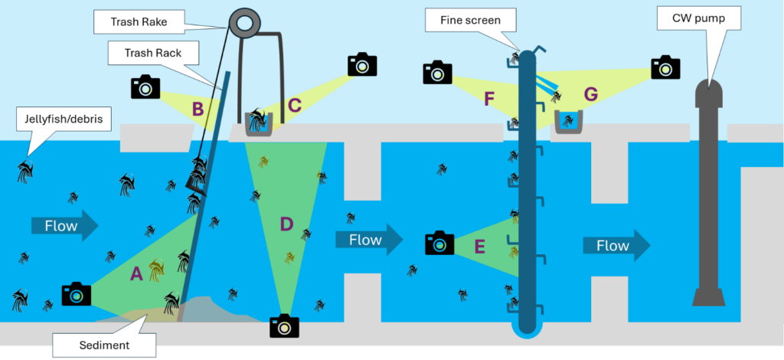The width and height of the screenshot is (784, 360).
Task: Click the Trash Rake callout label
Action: coord(139,22)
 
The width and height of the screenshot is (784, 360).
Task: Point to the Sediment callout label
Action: coord(103,345)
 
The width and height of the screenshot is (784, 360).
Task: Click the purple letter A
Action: coord(137,273)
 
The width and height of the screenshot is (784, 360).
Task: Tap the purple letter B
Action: coord(198,109)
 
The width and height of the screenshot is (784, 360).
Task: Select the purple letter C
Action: coord(295,103)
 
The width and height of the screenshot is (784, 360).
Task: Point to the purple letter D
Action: coord(286,224)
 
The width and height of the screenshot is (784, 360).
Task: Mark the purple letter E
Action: coord(480,246)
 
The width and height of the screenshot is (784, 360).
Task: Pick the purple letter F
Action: coord(491,99)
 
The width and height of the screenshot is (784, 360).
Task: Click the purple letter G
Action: coord(590,93)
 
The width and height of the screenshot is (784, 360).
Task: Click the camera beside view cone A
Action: coord(77,293)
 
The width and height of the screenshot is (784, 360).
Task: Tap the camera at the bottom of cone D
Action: coord(284,326)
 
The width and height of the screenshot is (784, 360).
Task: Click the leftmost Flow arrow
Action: coord(65,225)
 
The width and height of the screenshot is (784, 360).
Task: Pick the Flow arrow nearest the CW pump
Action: coord(616,245)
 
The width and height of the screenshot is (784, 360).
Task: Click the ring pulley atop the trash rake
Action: coord(245,23)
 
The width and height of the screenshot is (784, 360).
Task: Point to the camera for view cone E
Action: coord(439,243)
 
